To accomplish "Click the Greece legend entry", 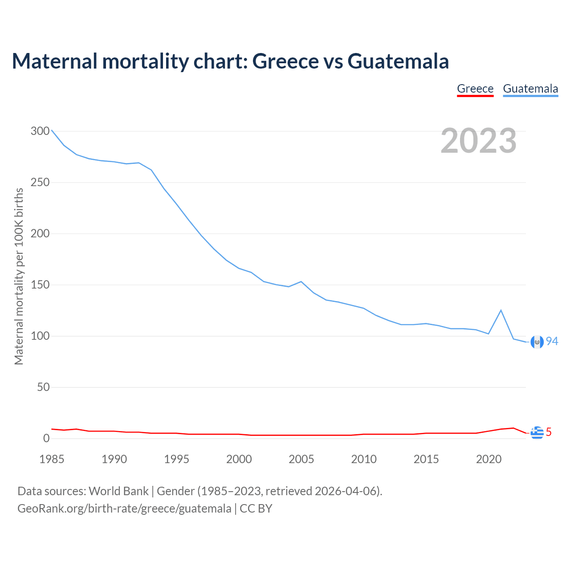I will [475, 89].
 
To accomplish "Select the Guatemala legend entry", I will [530, 89].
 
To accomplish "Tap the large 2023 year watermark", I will [479, 141].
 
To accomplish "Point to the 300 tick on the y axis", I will [40, 131].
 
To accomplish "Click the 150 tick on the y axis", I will [40, 285].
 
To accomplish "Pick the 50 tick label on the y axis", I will [44, 387].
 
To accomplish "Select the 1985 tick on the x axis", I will [52, 459].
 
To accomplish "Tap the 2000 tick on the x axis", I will [239, 459].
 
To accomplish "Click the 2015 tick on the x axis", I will [426, 459].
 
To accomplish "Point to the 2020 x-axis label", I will [489, 459].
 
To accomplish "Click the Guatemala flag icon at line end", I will [537, 342].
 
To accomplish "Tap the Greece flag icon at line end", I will [537, 432].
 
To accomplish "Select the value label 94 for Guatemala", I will [552, 341].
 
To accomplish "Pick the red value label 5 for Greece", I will [549, 432].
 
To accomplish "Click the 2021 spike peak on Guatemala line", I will [501, 310].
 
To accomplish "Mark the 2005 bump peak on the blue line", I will [301, 281].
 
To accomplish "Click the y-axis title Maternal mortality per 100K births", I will [19, 276].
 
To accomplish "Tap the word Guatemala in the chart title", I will [398, 61].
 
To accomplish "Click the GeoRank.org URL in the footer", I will [124, 509].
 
